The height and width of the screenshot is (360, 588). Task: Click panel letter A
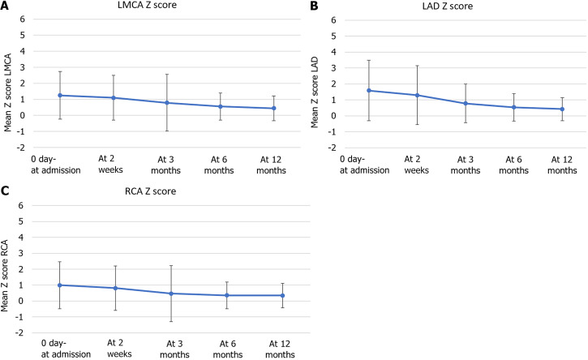pos(6,6)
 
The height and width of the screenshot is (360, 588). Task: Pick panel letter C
pos(6,192)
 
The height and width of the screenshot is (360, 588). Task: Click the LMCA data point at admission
pos(60,96)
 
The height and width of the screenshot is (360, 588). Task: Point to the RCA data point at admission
pos(59,285)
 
